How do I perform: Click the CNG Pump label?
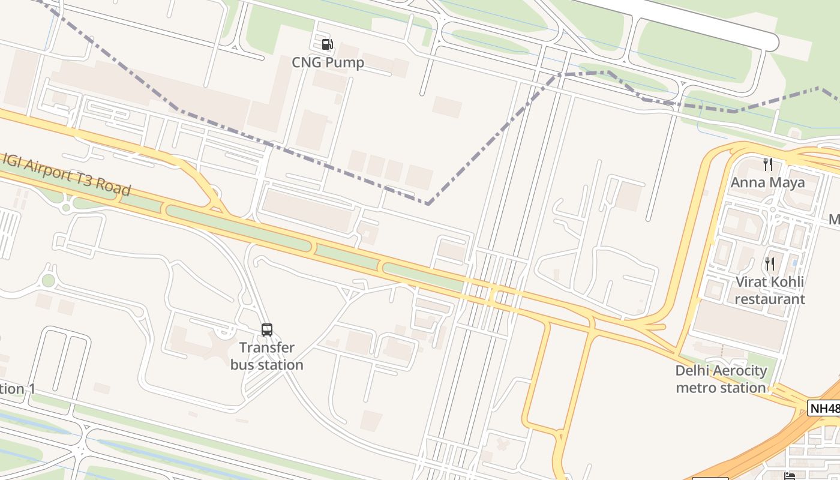(x=328, y=62)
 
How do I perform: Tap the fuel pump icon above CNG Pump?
(x=327, y=44)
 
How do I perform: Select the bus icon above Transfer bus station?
(x=267, y=329)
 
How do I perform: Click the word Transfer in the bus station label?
(x=267, y=347)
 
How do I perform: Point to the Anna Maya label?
(x=767, y=182)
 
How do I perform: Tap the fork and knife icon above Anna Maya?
(x=767, y=164)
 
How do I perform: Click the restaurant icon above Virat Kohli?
(x=769, y=263)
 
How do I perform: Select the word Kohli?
(x=786, y=281)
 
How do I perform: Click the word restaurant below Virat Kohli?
(x=769, y=299)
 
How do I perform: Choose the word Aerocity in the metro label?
(x=739, y=370)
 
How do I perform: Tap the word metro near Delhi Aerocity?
(x=697, y=388)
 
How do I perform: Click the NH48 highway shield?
(x=824, y=409)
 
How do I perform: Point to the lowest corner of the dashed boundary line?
(x=428, y=204)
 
